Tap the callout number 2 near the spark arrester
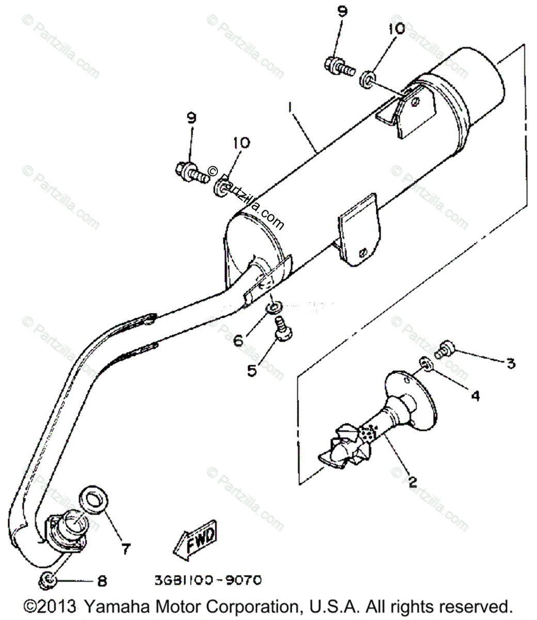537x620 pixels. pyautogui.click(x=412, y=482)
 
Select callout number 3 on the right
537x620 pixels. pyautogui.click(x=510, y=364)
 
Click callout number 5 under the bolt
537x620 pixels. pyautogui.click(x=251, y=370)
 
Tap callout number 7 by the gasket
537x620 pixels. pyautogui.click(x=126, y=546)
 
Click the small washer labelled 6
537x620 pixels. pyautogui.click(x=274, y=308)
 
